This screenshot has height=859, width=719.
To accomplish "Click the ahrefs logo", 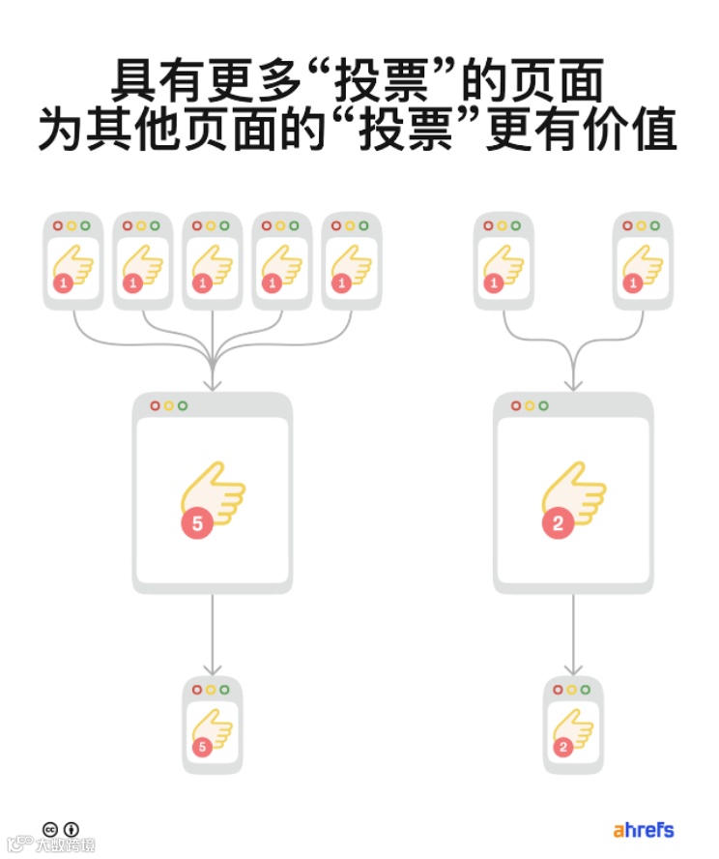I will click(643, 830).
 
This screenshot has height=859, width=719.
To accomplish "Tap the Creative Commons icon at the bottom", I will click(51, 829).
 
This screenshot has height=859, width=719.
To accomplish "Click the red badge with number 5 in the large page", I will click(197, 523).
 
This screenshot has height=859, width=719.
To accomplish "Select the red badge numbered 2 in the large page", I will click(559, 523).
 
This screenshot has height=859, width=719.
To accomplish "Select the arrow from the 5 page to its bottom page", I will click(213, 634).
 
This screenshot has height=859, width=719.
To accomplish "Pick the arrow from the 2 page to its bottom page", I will click(574, 634).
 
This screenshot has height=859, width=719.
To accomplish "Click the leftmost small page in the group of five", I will click(73, 260).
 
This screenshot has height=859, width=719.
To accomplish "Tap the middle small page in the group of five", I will click(213, 260).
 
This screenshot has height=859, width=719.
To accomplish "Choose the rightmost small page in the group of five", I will click(352, 260).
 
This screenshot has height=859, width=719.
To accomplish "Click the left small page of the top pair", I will click(503, 260).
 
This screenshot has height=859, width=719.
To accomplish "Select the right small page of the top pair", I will click(643, 260).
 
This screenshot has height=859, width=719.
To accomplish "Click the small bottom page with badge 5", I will click(213, 726).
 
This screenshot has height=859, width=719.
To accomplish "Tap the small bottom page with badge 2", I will click(574, 726).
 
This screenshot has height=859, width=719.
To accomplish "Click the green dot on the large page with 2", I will click(544, 406).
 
